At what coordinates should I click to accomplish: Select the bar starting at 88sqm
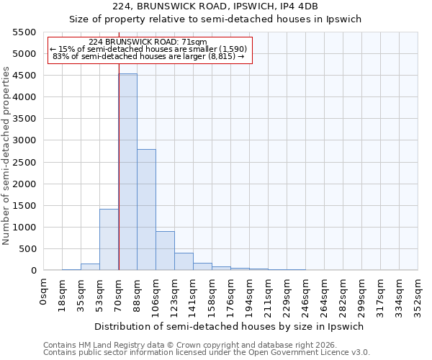(147, 210)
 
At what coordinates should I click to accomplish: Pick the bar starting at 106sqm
(166, 251)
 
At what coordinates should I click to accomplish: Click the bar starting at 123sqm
(184, 261)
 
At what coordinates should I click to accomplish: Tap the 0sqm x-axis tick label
(44, 289)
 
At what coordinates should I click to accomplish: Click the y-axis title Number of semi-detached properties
(7, 156)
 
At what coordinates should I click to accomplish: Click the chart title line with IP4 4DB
(215, 6)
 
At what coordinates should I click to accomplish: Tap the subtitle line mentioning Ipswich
(215, 19)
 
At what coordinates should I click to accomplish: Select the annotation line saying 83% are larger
(150, 56)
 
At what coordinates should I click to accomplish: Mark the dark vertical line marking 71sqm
(119, 166)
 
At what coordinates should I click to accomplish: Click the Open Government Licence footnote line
(207, 352)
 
